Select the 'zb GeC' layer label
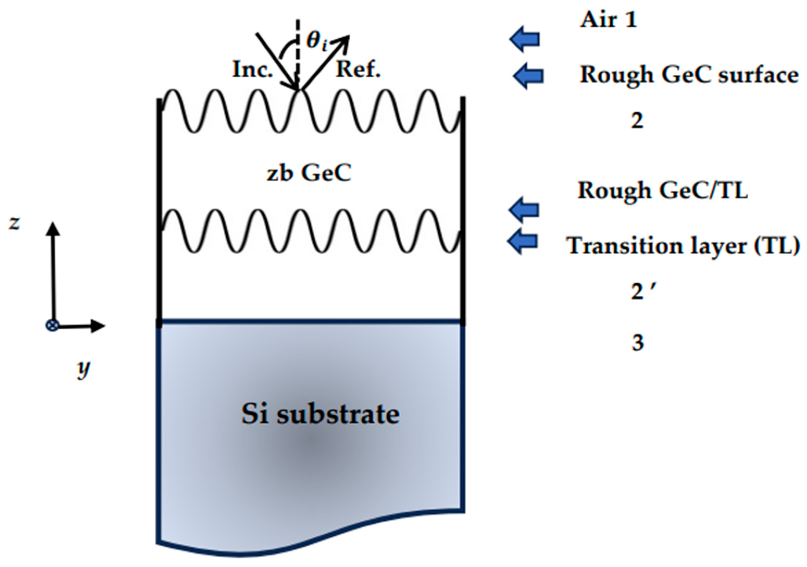[309, 173]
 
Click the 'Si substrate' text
[320, 414]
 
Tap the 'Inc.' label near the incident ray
[252, 70]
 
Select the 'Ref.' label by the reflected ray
[358, 70]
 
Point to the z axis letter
[14, 223]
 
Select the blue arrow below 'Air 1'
[525, 39]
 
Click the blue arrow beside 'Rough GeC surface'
[528, 76]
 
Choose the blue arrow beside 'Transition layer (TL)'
[523, 241]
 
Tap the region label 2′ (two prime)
[641, 291]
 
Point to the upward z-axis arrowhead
[53, 228]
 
